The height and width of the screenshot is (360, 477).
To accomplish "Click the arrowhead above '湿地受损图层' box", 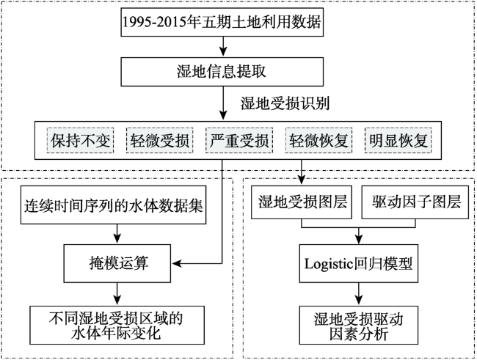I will tap(300, 179).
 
